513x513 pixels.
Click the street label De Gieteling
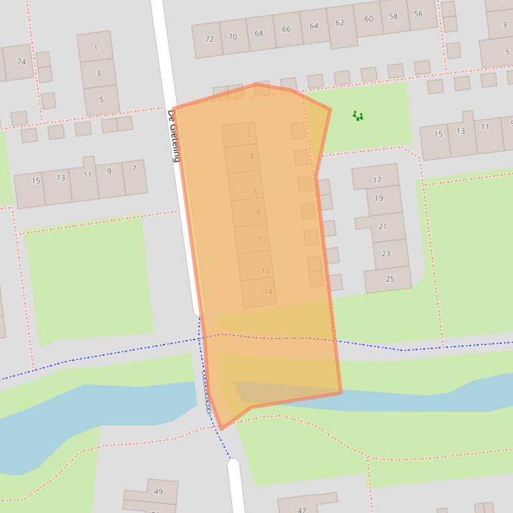pos(173,137)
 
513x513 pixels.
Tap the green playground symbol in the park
pos(358,116)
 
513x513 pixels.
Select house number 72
pos(209,39)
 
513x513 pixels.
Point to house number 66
pos(286,29)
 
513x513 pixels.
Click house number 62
pos(340,23)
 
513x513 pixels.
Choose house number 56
pos(418,13)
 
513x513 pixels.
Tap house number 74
pos(21,61)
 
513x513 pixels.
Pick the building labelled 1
pos(95,48)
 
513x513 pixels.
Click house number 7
pos(134,169)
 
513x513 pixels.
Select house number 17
pos(377,180)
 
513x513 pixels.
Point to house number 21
pos(382,227)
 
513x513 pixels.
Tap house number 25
pos(390,278)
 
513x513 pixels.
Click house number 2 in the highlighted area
pos(248,134)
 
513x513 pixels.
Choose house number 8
pos(258,212)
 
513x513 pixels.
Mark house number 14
pos(268,291)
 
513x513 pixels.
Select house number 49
pos(158,492)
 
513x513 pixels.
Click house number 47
pos(302,510)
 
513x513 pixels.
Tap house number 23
pos(386,253)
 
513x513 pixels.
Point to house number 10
pos(262,239)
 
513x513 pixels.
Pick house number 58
pos(393,17)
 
